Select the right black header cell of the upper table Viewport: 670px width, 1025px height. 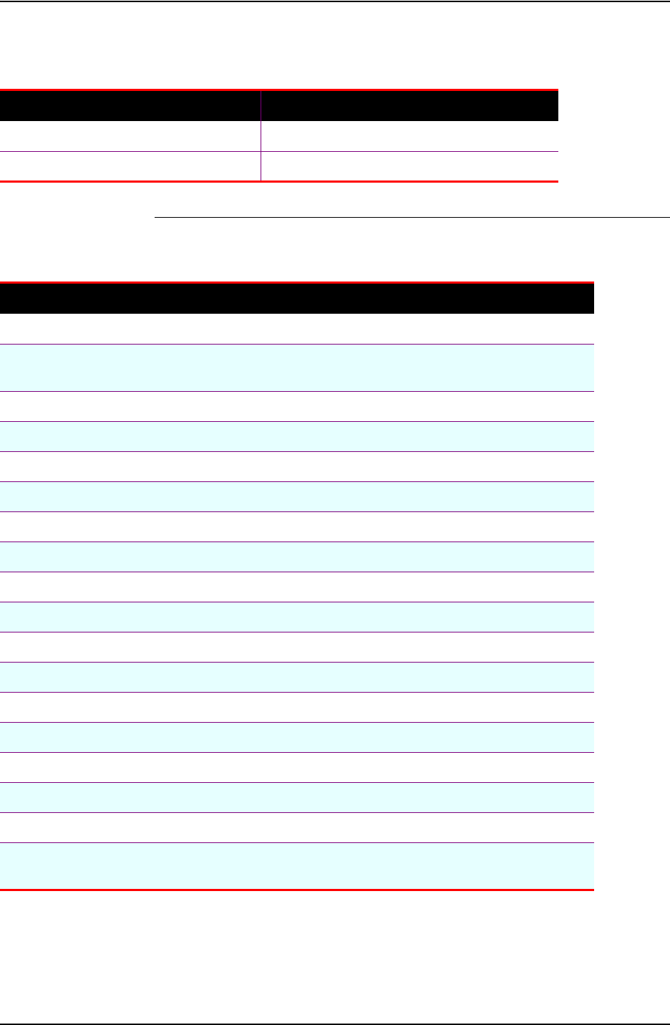(x=409, y=106)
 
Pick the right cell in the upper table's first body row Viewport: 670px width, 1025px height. (x=409, y=136)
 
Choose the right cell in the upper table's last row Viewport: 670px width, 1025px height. (x=409, y=166)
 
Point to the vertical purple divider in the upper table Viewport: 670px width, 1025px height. (x=261, y=136)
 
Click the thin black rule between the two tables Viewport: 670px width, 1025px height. (x=411, y=216)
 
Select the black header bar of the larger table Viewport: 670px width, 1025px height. (x=296, y=299)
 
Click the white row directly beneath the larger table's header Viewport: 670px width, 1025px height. (x=296, y=329)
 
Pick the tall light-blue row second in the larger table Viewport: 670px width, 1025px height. (x=296, y=367)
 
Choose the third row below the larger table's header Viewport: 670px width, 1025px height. (x=296, y=406)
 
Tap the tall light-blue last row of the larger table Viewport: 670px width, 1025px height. (x=296, y=866)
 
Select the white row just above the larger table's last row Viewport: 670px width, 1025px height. (x=296, y=827)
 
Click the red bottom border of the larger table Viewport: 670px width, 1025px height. (x=296, y=890)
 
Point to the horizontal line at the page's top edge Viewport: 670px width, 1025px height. (x=334, y=1)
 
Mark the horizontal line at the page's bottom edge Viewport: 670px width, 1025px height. (x=334, y=1024)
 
